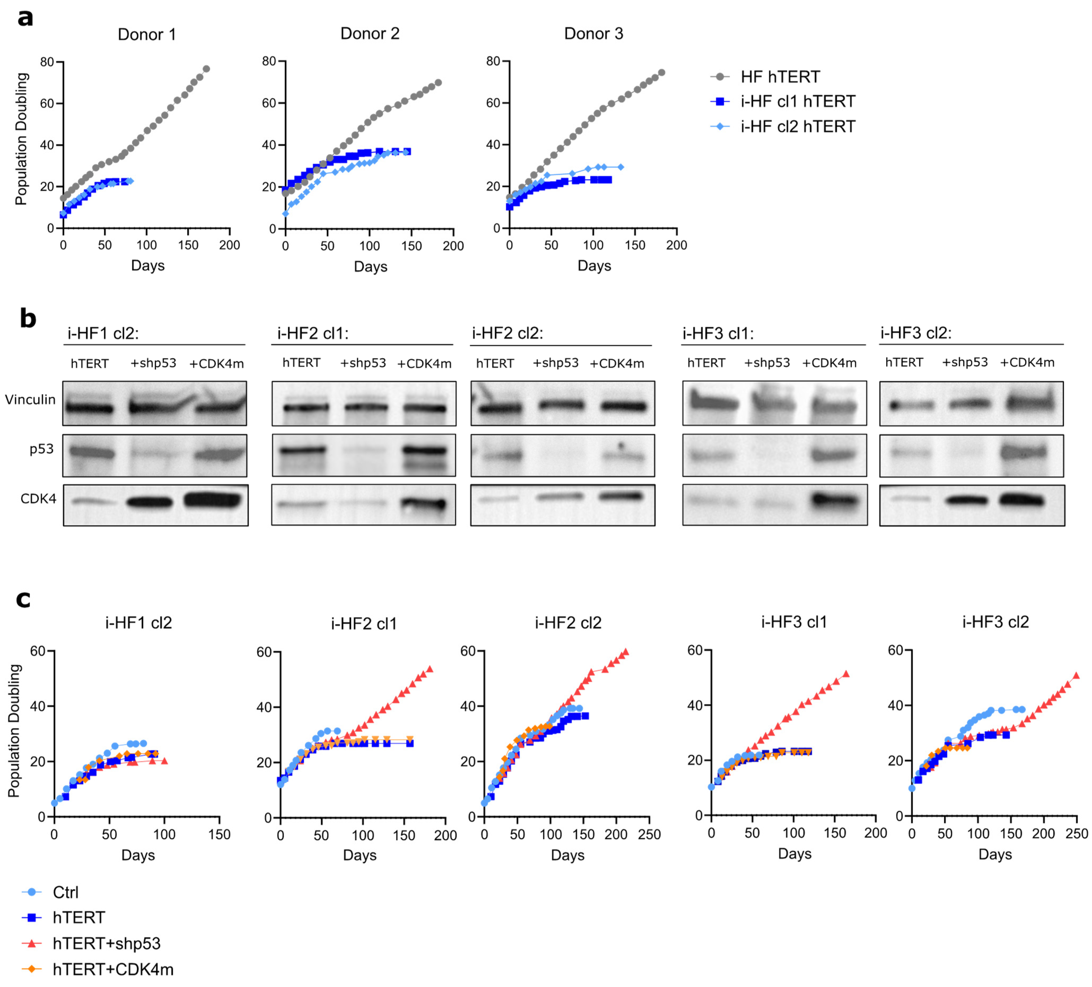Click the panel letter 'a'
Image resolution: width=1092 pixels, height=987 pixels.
[x=25, y=18]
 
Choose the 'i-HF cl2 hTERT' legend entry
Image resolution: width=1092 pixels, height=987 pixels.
[x=797, y=127]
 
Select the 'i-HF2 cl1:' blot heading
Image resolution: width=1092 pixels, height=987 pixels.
[x=313, y=333]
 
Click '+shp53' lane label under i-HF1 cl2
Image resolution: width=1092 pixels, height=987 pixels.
[x=153, y=363]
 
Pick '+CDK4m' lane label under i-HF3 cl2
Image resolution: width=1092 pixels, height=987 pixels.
[x=1027, y=363]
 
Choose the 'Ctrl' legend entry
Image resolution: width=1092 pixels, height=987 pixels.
[x=65, y=892]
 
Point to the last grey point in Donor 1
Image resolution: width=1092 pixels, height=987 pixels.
[x=206, y=69]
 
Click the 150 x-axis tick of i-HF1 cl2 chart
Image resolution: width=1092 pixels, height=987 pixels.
[x=219, y=835]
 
